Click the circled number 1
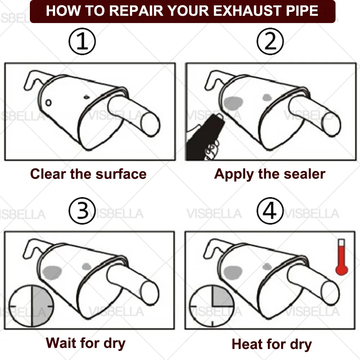point(82,41)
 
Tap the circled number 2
point(270,41)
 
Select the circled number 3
point(82,211)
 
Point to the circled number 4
point(270,211)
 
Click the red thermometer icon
point(342,257)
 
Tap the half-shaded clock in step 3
point(31,306)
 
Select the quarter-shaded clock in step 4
point(212,306)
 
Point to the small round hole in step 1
point(48,103)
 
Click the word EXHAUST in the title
point(248,11)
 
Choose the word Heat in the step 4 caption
point(247,344)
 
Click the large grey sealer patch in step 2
point(233,103)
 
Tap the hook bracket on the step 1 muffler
point(35,79)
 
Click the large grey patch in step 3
point(52,272)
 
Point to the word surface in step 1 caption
point(121,174)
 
